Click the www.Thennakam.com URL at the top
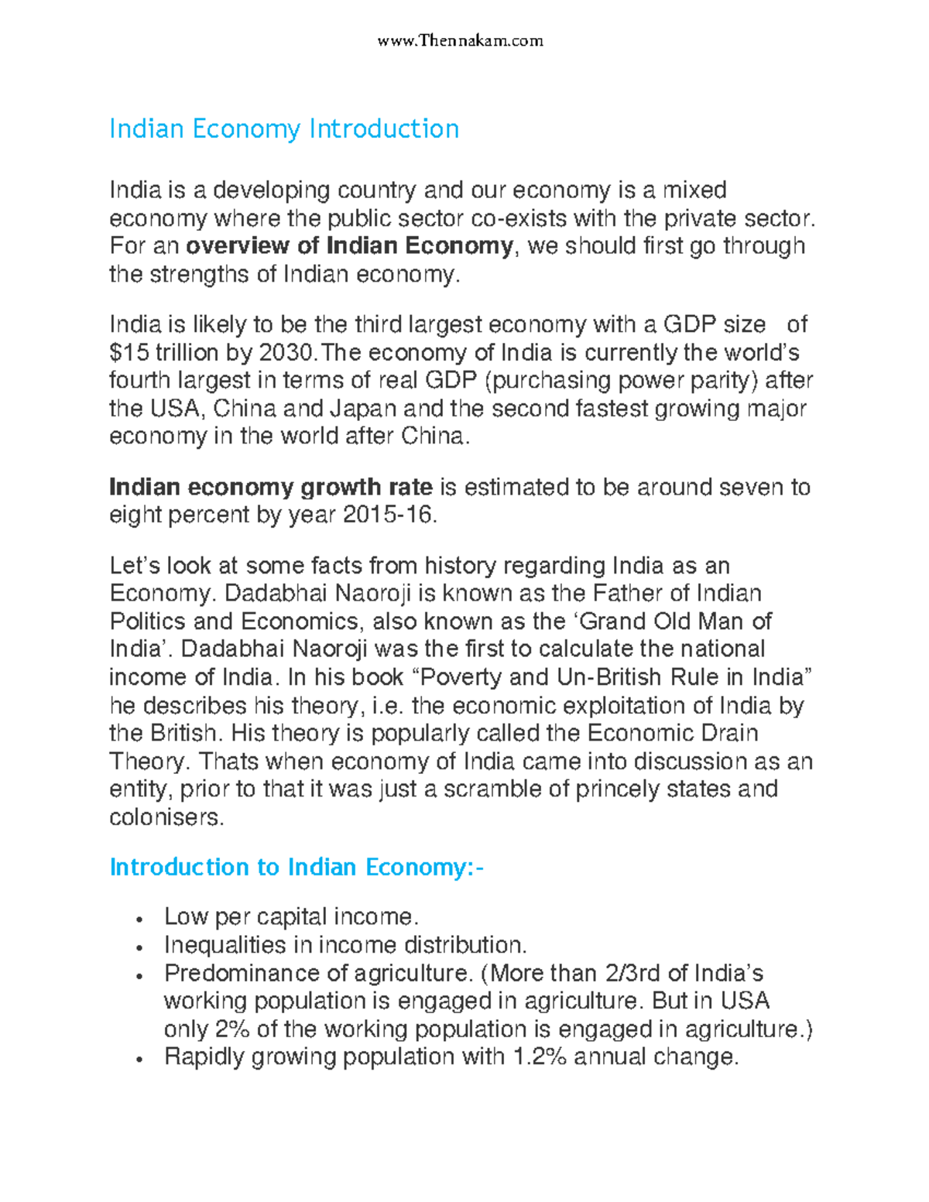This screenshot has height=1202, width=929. [x=460, y=40]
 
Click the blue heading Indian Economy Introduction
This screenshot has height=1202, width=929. [x=284, y=128]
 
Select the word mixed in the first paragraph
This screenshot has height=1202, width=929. [x=691, y=190]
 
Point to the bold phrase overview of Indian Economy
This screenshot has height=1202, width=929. [x=349, y=246]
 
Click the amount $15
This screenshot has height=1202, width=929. [x=129, y=352]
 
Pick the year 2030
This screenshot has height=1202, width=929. [x=287, y=352]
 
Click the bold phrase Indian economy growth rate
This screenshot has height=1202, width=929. [x=271, y=487]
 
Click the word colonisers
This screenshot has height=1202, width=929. [x=166, y=817]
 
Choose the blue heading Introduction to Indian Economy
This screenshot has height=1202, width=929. [x=296, y=867]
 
